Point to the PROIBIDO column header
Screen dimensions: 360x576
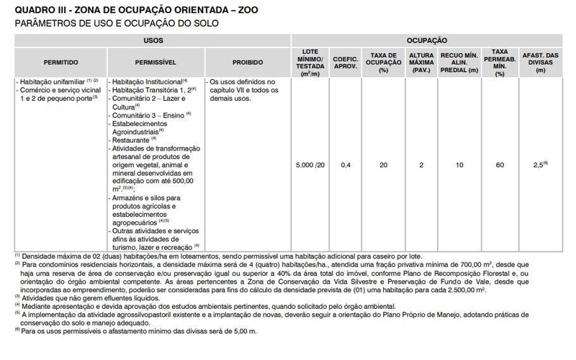(247, 62)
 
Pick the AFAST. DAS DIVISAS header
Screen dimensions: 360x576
(541, 62)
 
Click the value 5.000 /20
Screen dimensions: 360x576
(310, 166)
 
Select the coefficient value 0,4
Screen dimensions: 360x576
(346, 166)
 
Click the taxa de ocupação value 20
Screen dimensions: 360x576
(384, 166)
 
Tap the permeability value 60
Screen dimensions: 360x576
(500, 166)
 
